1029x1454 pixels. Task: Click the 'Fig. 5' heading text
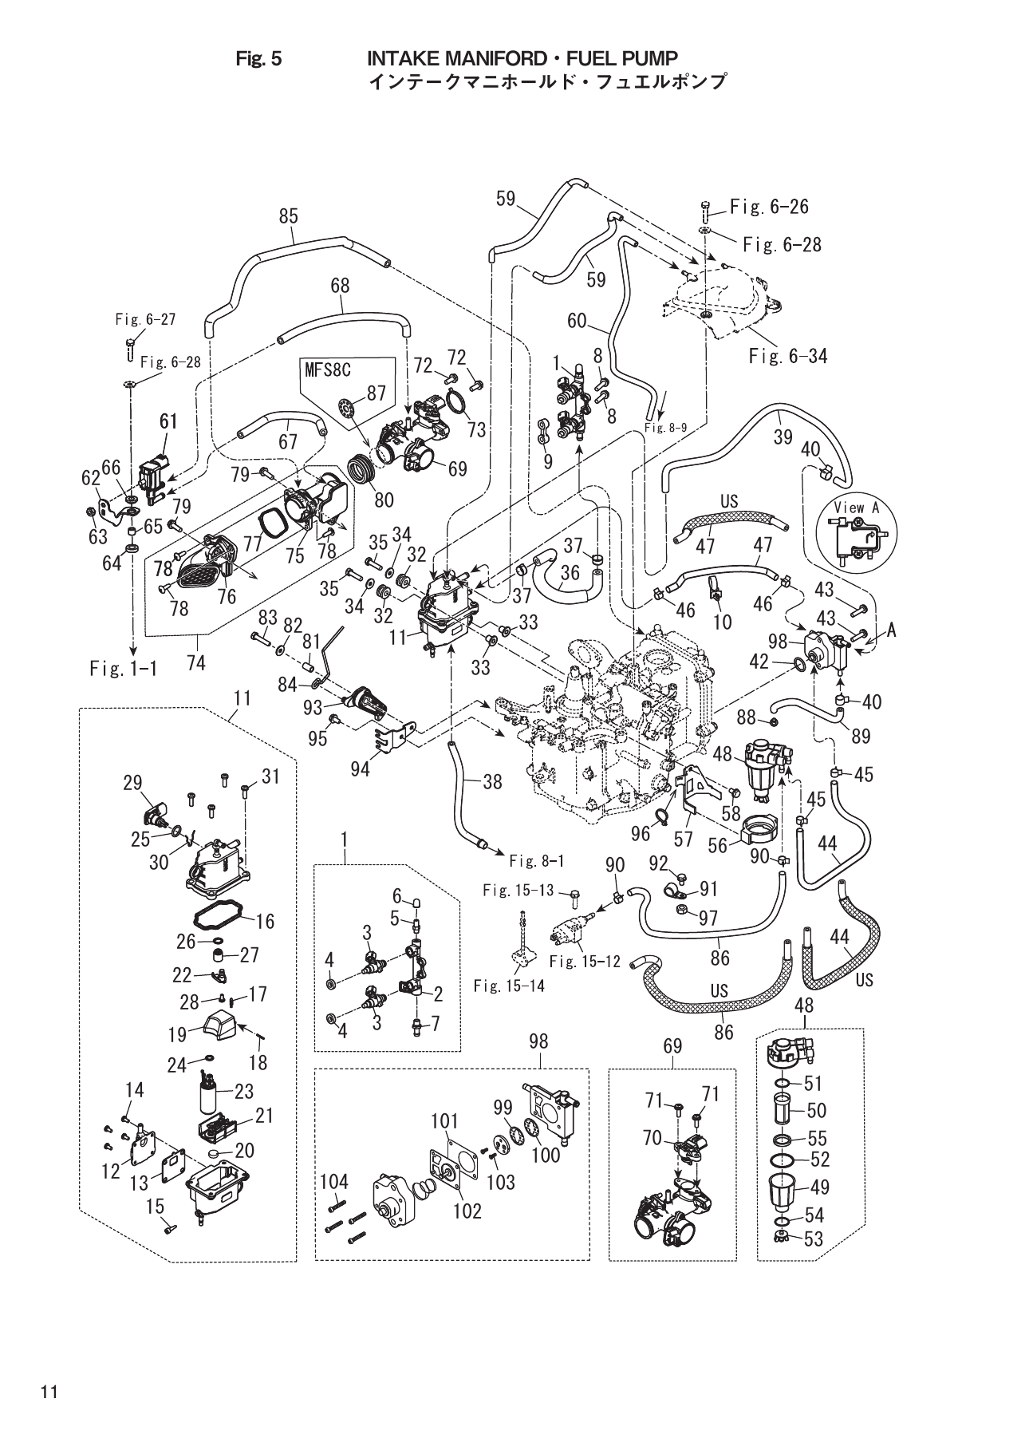[x=259, y=58]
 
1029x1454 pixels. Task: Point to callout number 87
[x=377, y=393]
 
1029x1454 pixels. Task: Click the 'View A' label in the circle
[x=854, y=508]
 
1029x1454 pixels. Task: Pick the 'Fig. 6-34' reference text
[x=787, y=355]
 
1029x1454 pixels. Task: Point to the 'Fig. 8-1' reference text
[x=536, y=861]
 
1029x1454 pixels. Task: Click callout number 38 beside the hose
[x=492, y=782]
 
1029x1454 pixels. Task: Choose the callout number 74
[x=195, y=662]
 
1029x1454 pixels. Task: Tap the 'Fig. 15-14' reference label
[x=509, y=986]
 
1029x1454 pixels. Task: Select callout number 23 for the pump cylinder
[x=243, y=1089]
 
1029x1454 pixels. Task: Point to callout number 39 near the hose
[x=783, y=437]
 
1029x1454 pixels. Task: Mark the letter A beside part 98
[x=891, y=630]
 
